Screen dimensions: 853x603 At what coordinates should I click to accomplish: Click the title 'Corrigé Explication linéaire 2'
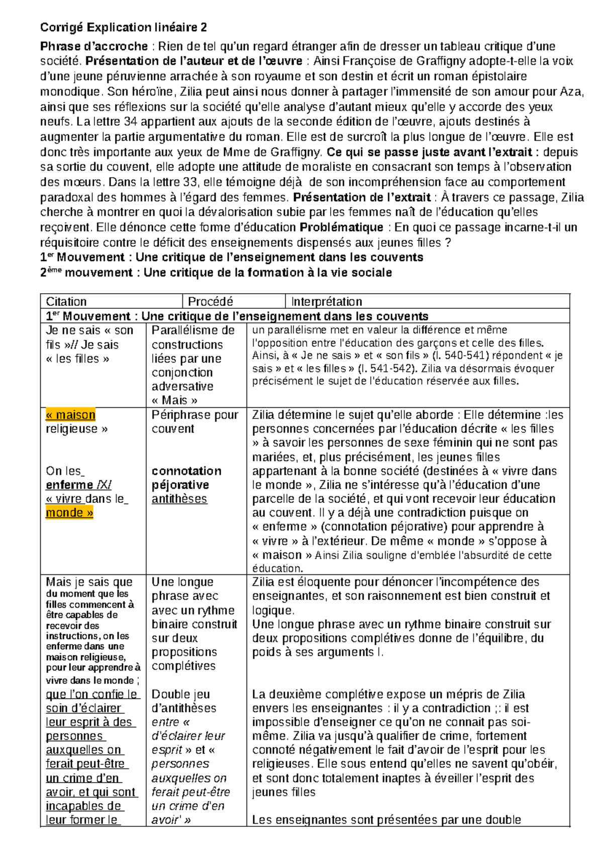(123, 27)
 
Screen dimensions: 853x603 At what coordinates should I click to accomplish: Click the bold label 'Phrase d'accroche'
(94, 47)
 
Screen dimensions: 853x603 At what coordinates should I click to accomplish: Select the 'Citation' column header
(66, 302)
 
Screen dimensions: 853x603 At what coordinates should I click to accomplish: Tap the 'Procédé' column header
(211, 302)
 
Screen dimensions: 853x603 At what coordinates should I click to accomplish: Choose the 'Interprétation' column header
(327, 302)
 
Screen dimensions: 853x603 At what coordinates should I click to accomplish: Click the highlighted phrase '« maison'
(70, 415)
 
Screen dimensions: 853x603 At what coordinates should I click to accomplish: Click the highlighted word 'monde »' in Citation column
(69, 513)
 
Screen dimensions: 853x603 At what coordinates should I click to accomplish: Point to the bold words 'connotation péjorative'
(186, 478)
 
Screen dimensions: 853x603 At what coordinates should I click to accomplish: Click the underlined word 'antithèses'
(179, 499)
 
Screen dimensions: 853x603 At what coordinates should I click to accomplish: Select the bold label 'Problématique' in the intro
(341, 227)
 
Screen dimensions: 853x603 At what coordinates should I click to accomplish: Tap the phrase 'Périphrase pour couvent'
(195, 421)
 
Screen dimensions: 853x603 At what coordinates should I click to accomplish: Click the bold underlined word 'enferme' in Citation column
(69, 485)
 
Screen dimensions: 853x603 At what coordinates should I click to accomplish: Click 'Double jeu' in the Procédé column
(180, 694)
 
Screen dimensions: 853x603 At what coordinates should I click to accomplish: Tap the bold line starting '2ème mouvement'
(216, 273)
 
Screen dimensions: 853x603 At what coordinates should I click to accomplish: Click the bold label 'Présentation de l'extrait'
(362, 197)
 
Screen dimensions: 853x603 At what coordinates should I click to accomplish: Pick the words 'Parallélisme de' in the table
(193, 330)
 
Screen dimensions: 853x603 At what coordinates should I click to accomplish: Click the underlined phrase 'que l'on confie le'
(92, 694)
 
